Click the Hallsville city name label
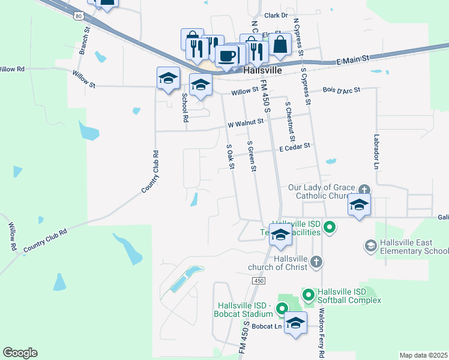point(264,70)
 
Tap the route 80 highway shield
point(79,16)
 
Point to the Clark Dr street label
point(276,15)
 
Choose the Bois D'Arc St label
point(340,90)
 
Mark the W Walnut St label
point(246,123)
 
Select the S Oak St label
point(229,156)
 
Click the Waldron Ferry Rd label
point(322,333)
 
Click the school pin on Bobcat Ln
point(295,323)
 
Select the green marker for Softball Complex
point(308,295)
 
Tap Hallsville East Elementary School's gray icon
point(370,245)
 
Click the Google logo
point(20,353)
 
